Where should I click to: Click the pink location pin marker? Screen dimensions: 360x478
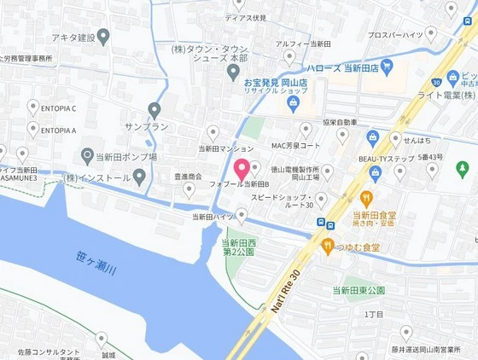click(x=242, y=168)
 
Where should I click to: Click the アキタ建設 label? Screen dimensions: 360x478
click(x=73, y=38)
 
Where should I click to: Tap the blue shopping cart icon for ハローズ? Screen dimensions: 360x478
click(x=388, y=66)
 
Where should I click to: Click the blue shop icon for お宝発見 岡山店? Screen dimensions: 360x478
click(x=294, y=104)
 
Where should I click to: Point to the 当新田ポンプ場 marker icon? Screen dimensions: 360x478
click(x=86, y=156)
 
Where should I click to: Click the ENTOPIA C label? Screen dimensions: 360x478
click(x=57, y=108)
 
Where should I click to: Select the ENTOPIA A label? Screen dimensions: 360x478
click(x=57, y=131)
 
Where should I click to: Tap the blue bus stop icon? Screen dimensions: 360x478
click(x=318, y=224)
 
